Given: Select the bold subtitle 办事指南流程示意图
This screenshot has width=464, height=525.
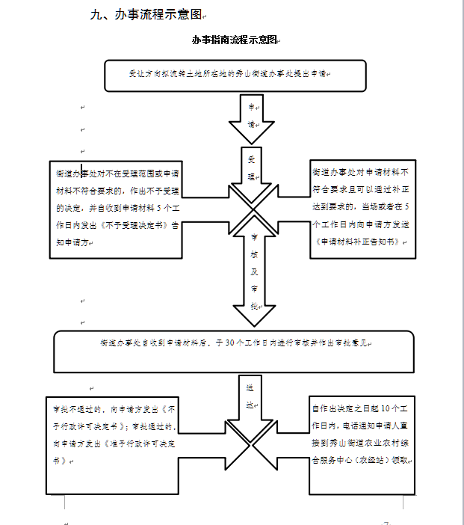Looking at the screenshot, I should [234, 40].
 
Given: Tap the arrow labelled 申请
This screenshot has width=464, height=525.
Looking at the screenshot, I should [252, 117].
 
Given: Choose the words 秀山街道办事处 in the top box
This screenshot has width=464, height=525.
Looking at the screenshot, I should [259, 74].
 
